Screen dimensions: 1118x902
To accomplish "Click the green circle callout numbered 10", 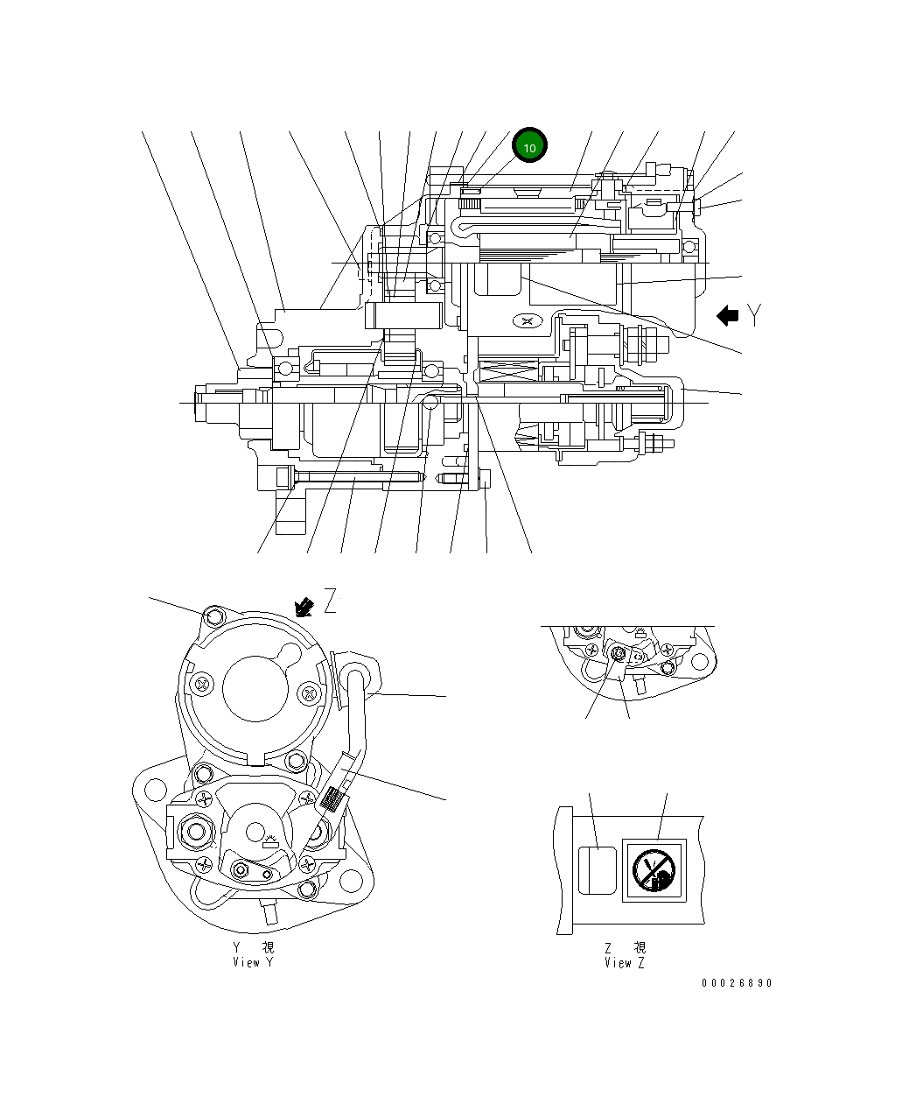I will coord(529,147).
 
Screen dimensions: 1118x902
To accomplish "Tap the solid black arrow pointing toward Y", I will coord(727,316).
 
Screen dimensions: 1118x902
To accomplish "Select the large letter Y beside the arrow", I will coord(754,316).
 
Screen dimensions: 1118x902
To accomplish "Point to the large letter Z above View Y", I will coord(330,602).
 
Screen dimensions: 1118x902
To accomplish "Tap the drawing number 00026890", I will coord(736,983).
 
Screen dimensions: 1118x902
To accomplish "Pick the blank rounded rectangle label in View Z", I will coord(596,870).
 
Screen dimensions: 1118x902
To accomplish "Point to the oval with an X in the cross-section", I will coord(526,321).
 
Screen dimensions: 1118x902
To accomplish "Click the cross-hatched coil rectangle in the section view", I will coord(508,373).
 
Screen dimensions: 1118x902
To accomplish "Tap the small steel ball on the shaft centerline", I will coord(430,401).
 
